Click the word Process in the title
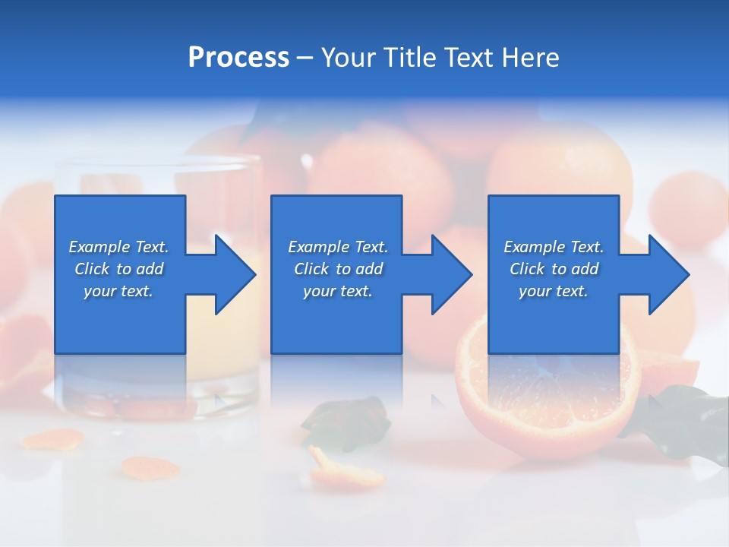tap(238, 58)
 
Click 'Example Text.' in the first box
tap(118, 247)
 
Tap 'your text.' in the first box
tap(118, 291)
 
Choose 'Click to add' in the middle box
tap(338, 269)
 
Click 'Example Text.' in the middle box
tap(338, 247)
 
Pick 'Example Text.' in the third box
tap(554, 247)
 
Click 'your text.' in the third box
tap(554, 291)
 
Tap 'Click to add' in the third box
tap(554, 269)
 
